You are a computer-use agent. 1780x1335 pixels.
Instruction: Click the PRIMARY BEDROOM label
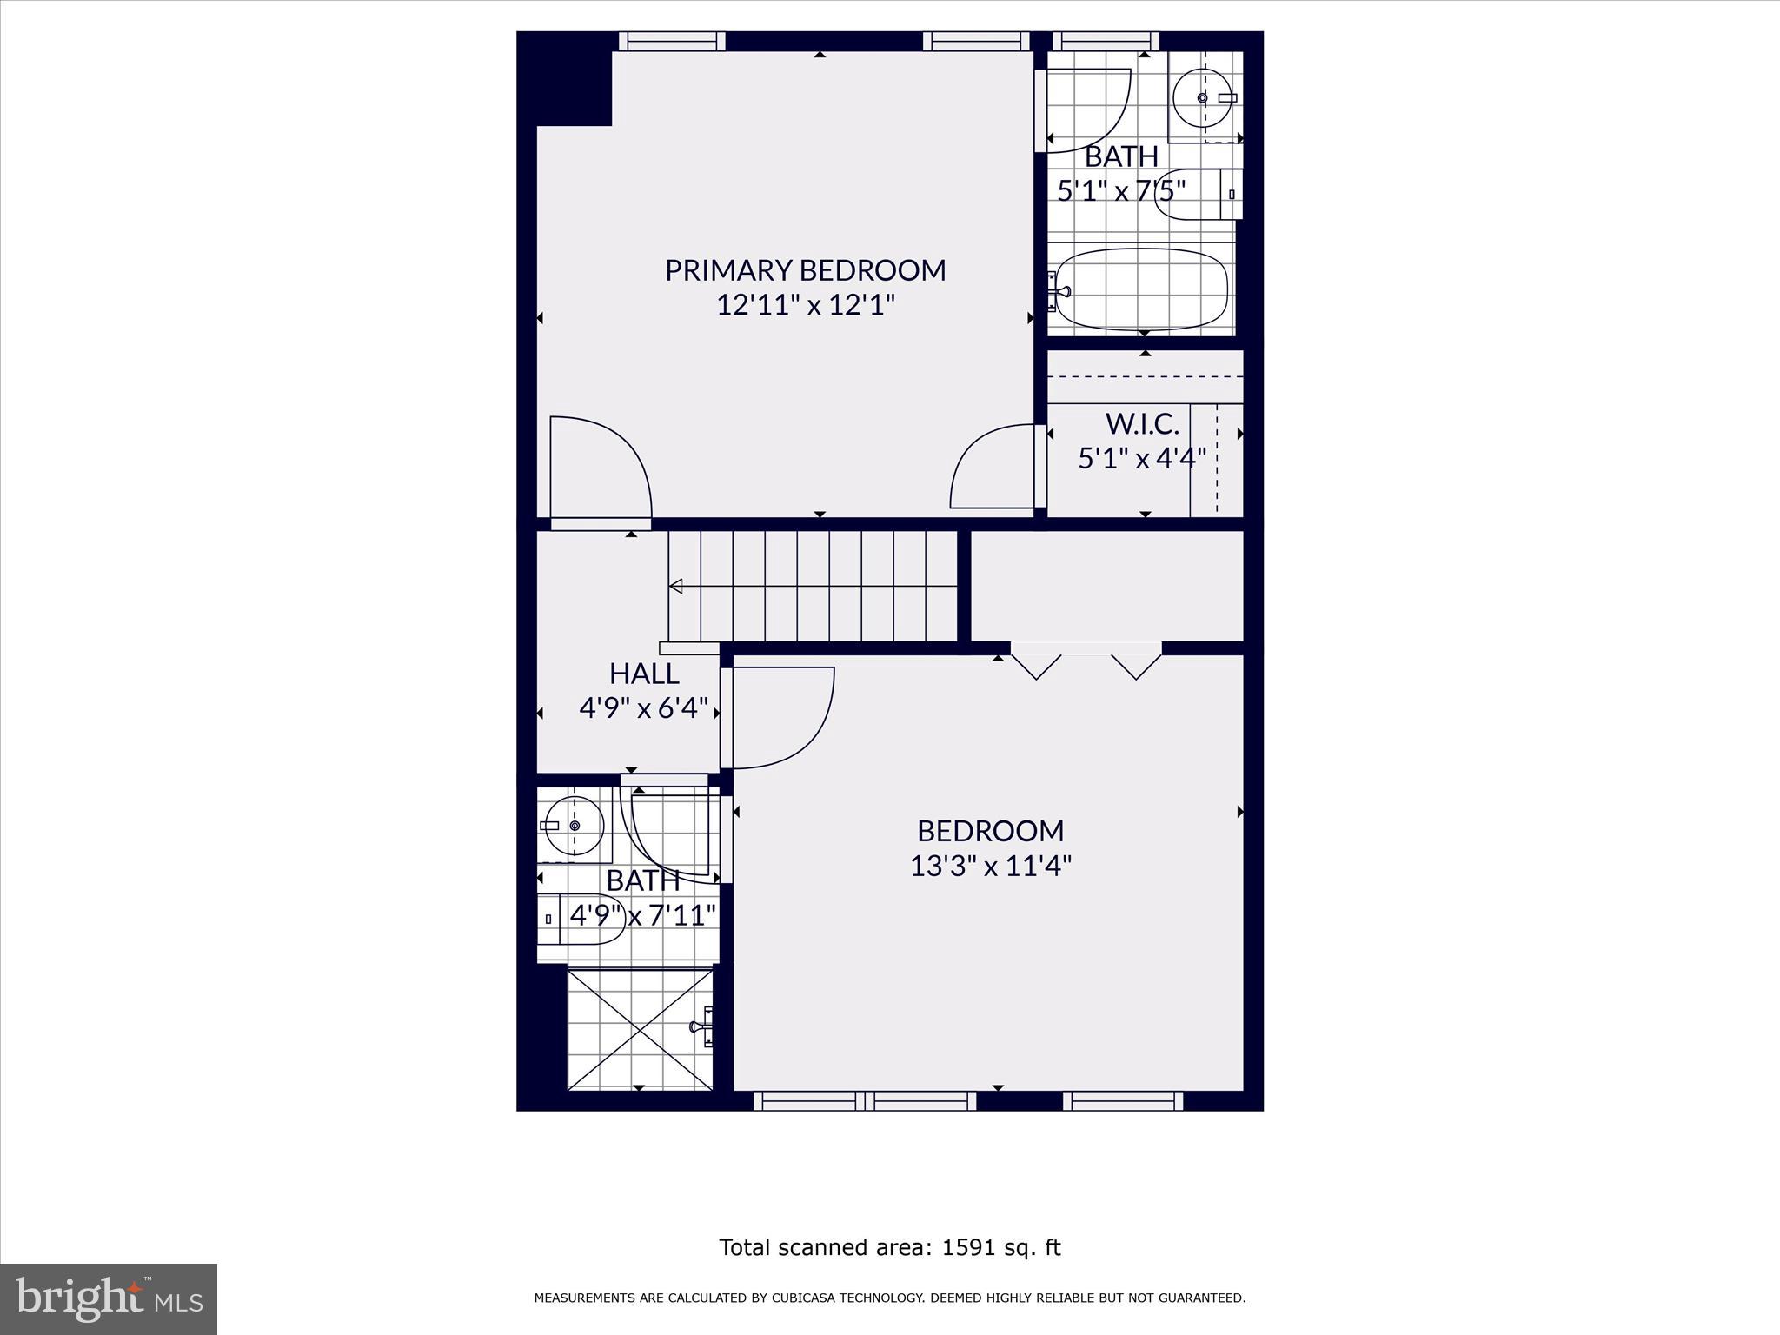point(805,270)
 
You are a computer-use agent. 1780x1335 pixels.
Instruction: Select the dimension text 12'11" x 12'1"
point(805,306)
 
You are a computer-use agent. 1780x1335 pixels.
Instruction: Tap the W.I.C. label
point(1142,424)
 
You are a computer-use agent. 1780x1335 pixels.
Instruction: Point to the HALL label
point(644,674)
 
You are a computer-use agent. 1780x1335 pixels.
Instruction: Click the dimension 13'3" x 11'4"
point(991,867)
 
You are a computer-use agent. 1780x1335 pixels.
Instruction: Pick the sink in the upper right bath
point(1204,97)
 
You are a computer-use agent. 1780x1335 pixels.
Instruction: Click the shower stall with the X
point(640,1029)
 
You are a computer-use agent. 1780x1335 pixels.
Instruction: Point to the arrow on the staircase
point(676,587)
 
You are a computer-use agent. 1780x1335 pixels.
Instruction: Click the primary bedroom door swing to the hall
point(600,469)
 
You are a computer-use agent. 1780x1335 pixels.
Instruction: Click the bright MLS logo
point(109,1299)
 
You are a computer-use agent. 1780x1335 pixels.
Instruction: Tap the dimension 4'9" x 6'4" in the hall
point(644,708)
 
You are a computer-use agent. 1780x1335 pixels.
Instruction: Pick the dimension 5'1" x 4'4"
point(1142,458)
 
